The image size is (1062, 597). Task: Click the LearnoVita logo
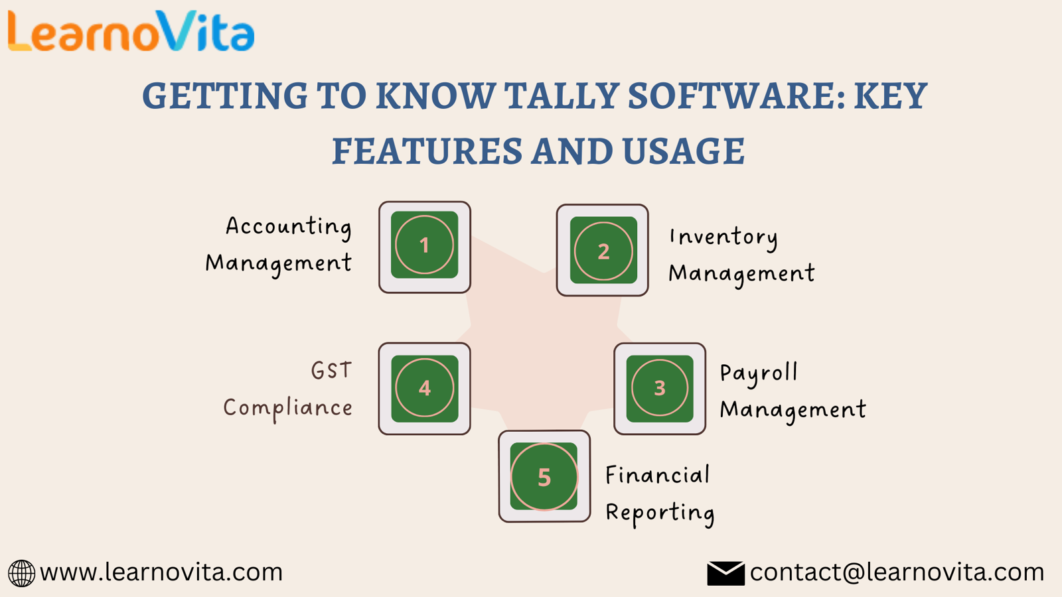[x=131, y=31]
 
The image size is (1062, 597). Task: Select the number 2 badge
[x=603, y=251]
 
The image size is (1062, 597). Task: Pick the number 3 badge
[x=660, y=389]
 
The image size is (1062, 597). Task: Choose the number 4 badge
[x=424, y=389]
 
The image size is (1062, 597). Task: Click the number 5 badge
[x=544, y=476]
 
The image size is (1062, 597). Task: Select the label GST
[x=332, y=370]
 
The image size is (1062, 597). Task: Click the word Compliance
[x=288, y=409]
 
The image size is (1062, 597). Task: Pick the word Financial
[x=658, y=475]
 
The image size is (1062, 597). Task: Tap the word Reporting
[x=660, y=513]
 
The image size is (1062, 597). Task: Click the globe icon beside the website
[x=21, y=573]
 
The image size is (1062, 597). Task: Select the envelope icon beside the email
[x=725, y=573]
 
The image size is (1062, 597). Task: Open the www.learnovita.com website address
[x=161, y=572]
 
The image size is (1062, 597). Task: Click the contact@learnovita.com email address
[x=897, y=572]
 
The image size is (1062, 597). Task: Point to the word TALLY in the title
[x=562, y=96]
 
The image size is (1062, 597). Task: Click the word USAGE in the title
[x=684, y=151]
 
